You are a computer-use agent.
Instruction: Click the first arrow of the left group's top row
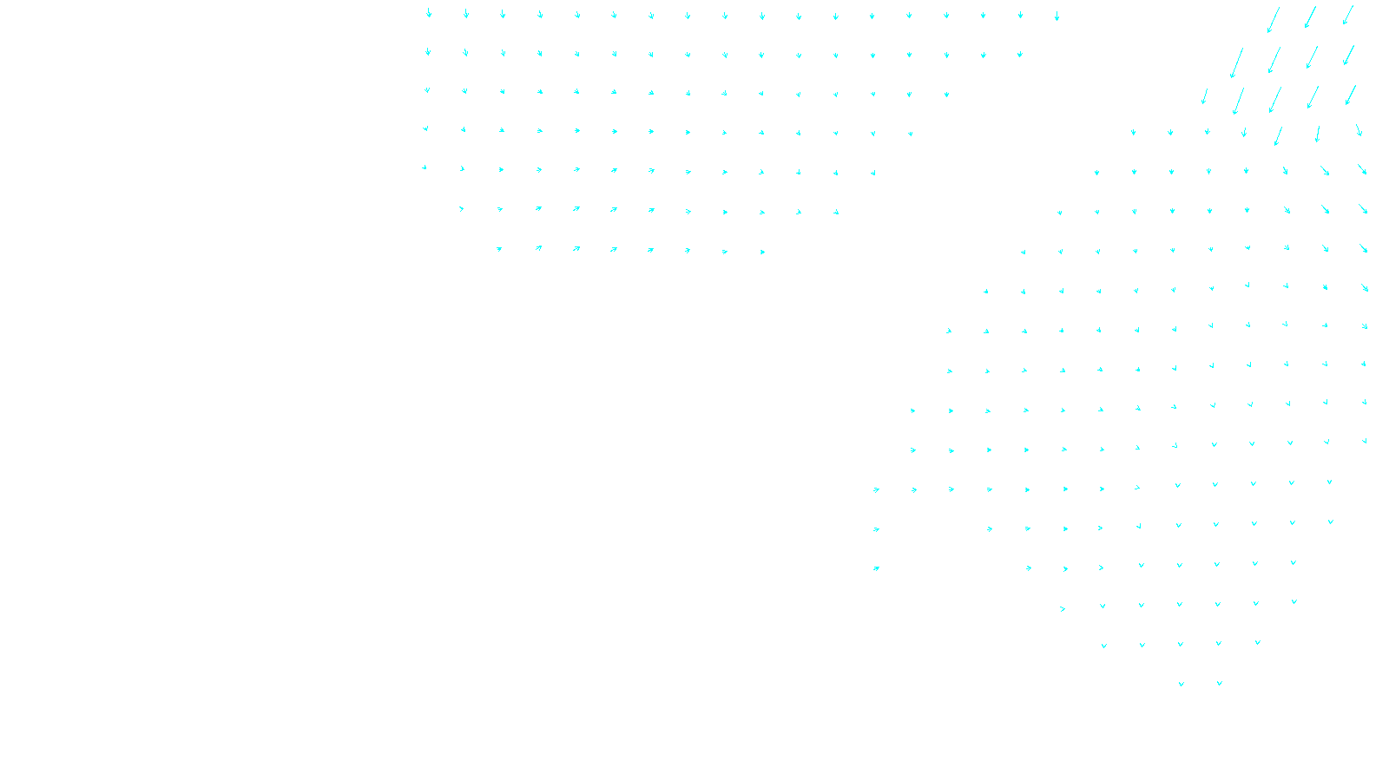click(428, 13)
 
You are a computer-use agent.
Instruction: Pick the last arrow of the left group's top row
click(1057, 16)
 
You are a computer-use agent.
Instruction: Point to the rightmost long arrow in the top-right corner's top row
click(1347, 15)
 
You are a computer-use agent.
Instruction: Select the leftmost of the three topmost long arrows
click(1273, 20)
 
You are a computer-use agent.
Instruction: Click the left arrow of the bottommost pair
click(1181, 684)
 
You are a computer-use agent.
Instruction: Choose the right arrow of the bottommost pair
click(1219, 683)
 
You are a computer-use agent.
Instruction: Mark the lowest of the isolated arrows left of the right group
click(876, 568)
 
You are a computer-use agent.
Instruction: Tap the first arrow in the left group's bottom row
click(499, 249)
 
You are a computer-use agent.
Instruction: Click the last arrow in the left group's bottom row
click(762, 252)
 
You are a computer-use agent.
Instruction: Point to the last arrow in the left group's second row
click(1019, 55)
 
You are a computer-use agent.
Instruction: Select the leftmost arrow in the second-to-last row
click(1103, 646)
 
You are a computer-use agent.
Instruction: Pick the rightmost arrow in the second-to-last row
click(1257, 643)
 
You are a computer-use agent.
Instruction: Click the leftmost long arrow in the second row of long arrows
click(1236, 63)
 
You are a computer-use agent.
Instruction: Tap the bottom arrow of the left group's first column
click(425, 167)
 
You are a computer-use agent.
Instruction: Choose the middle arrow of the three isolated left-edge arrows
click(876, 529)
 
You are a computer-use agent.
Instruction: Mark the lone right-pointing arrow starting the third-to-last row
click(1063, 609)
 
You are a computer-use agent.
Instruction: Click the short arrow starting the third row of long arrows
click(1204, 96)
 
